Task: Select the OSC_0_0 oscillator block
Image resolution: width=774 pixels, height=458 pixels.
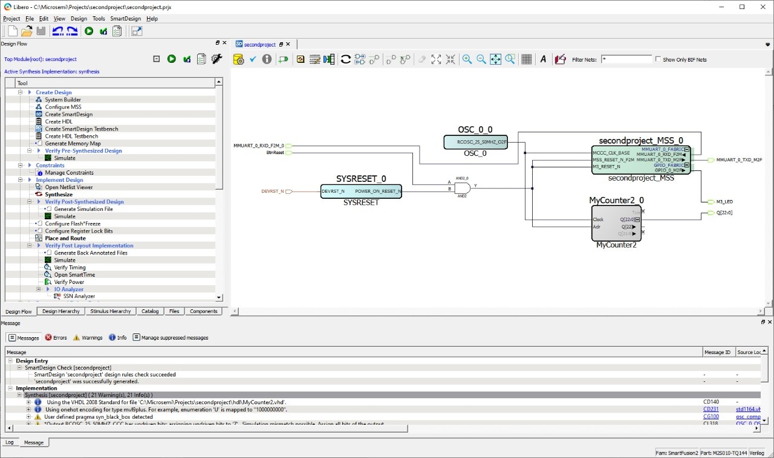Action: click(475, 142)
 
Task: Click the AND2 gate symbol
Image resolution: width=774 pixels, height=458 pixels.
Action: click(462, 188)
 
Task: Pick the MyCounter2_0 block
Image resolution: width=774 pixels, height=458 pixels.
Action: click(616, 223)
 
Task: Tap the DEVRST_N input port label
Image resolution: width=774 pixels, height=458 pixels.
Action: click(272, 192)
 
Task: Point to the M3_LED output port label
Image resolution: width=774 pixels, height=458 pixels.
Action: click(724, 202)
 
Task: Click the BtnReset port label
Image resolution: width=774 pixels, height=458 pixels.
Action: click(275, 153)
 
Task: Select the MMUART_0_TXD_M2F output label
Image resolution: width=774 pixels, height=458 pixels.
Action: click(739, 160)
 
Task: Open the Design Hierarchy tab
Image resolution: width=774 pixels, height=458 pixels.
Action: click(61, 312)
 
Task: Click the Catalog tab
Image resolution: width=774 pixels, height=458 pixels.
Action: click(150, 312)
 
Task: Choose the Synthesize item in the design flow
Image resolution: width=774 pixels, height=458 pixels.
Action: click(59, 195)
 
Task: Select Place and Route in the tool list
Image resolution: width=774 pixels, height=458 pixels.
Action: click(65, 238)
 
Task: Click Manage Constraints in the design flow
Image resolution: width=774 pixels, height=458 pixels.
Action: click(69, 173)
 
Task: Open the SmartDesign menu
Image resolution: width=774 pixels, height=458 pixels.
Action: click(125, 19)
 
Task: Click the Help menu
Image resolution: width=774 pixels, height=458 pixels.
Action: click(152, 19)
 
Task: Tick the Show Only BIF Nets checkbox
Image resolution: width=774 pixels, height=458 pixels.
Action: click(658, 60)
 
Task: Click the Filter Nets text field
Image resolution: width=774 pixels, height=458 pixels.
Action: click(626, 60)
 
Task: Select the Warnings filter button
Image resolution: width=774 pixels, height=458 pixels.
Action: click(88, 338)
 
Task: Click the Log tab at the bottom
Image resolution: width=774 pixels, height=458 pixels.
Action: click(10, 442)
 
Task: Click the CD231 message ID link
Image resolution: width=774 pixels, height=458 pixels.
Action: click(711, 410)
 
